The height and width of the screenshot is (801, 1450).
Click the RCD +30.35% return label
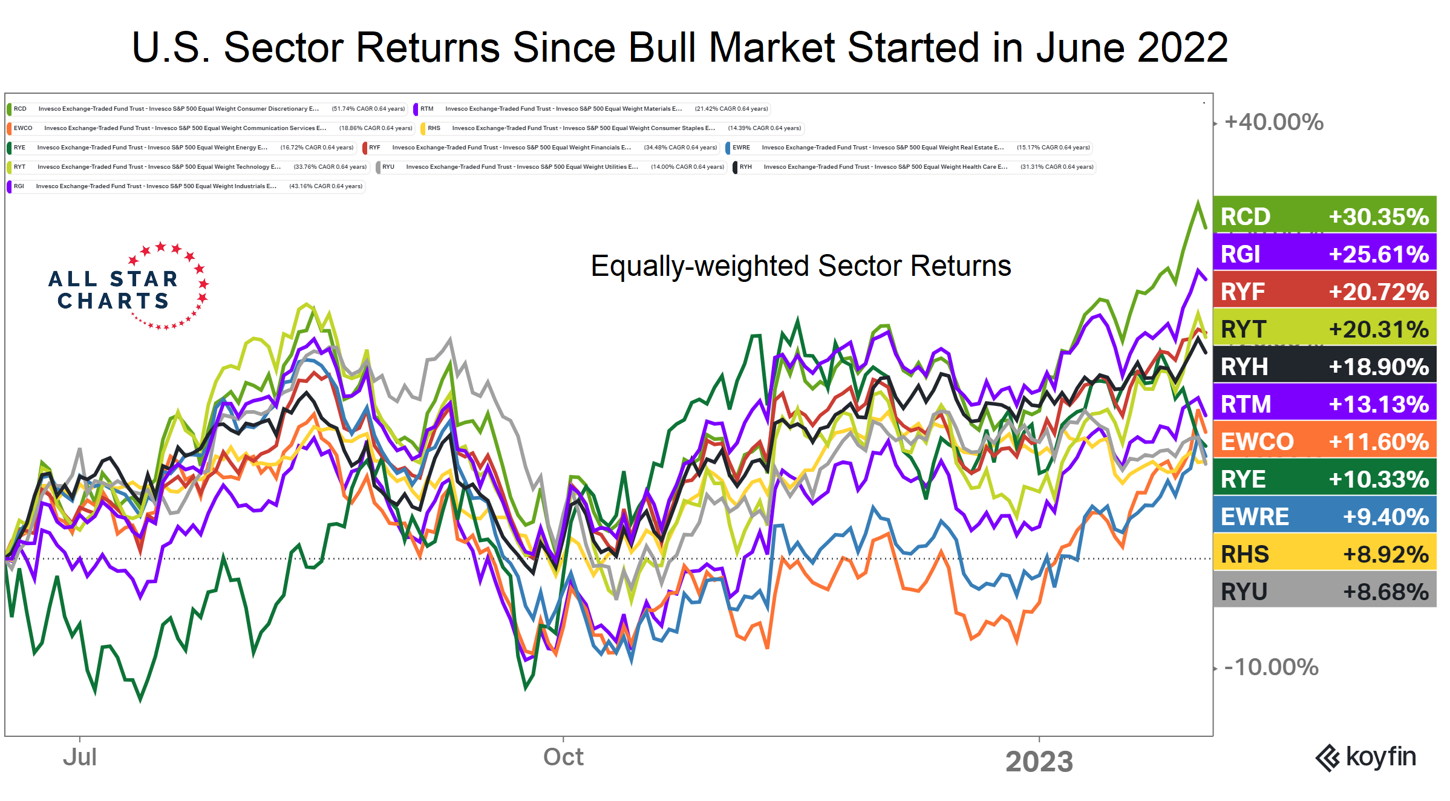(x=1324, y=216)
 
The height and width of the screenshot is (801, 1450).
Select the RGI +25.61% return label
(x=1324, y=253)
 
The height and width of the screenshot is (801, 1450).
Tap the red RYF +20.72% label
(x=1324, y=291)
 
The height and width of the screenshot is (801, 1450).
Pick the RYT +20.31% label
(x=1324, y=329)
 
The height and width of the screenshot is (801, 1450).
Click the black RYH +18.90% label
(x=1324, y=366)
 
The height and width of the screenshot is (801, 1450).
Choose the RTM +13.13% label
(x=1324, y=404)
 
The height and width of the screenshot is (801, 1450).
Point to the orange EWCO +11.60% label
(x=1324, y=441)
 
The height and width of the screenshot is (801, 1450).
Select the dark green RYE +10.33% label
(x=1324, y=479)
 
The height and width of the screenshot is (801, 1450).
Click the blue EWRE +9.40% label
(x=1324, y=516)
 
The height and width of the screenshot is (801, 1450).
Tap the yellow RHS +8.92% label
(x=1324, y=554)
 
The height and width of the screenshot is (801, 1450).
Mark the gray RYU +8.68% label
(x=1324, y=591)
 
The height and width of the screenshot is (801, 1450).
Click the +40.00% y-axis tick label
(x=1273, y=122)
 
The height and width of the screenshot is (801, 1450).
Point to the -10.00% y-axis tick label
(x=1271, y=667)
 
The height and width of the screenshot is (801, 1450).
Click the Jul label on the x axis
(x=80, y=757)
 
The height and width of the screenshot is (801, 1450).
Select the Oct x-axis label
(x=563, y=757)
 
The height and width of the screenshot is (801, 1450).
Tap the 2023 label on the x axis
(x=1039, y=761)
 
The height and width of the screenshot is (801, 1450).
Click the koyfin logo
(x=1366, y=757)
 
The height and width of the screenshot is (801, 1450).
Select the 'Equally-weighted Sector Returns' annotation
(x=800, y=266)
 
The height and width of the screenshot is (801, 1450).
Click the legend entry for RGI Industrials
(x=186, y=186)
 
